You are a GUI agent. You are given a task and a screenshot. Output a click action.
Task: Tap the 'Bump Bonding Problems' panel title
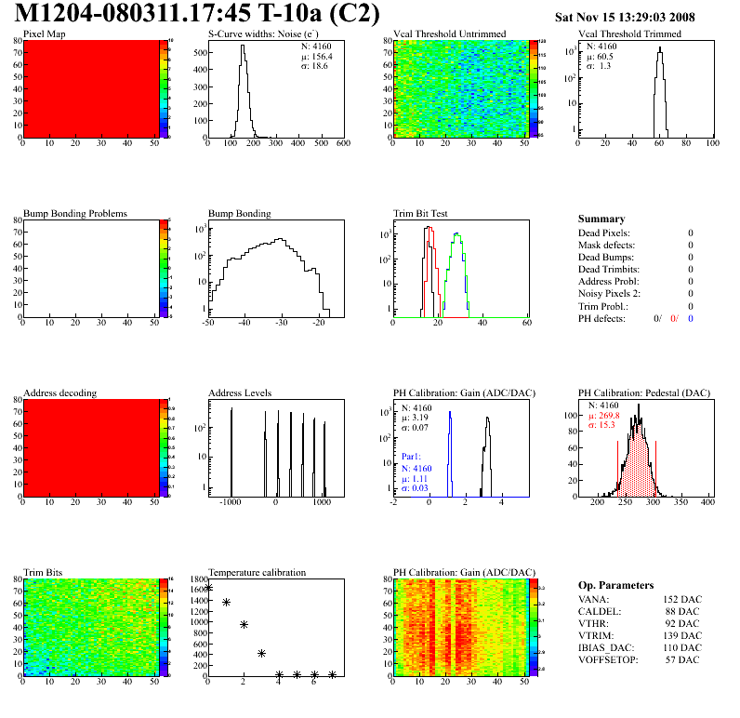point(75,213)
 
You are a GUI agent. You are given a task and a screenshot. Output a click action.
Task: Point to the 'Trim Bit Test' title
point(421,213)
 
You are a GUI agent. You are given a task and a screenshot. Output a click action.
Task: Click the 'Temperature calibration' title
point(257,572)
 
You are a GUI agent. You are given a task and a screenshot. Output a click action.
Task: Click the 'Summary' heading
point(601,219)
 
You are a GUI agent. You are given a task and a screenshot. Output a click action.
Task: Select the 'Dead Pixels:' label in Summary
point(604,233)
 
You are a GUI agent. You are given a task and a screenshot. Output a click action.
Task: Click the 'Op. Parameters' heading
point(615,585)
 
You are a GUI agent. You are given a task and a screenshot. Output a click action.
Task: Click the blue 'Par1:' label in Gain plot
point(413,458)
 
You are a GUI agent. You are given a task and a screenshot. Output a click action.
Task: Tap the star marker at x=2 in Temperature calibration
point(244,625)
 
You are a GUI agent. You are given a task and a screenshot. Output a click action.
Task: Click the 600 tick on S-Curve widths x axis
point(342,144)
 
